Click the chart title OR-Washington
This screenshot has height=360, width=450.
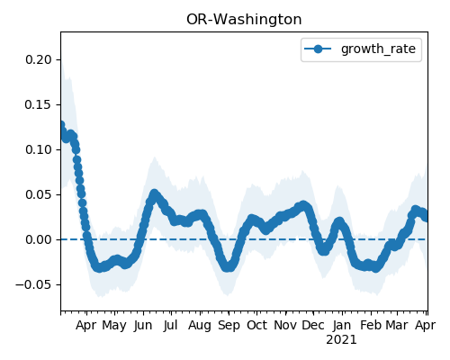coord(244,20)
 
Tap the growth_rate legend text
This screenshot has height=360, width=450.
coord(378,49)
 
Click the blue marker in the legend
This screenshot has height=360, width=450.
coord(318,49)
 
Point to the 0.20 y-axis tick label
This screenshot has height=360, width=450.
coord(39,59)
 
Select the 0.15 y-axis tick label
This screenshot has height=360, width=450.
coord(39,104)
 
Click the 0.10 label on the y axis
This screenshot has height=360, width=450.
coord(39,149)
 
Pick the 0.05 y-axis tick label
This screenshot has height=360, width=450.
coord(39,194)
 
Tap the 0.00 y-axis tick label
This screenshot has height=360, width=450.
coord(39,239)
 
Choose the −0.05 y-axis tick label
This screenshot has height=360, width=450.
coord(34,284)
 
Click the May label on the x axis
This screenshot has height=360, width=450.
coord(114,326)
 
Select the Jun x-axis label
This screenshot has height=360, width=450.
coord(143,326)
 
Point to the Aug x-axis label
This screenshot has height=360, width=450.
coord(200,326)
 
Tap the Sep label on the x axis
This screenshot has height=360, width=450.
coord(229,326)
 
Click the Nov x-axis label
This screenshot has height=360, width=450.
coord(285,326)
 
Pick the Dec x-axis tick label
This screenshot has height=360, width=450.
coord(313,326)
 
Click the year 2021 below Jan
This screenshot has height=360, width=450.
coord(341,340)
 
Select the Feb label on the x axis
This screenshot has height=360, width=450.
coord(371,326)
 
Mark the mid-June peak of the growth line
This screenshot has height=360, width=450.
coord(154,194)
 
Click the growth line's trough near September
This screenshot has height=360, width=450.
coord(229,267)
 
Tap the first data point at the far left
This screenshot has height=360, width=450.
coord(61,125)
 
